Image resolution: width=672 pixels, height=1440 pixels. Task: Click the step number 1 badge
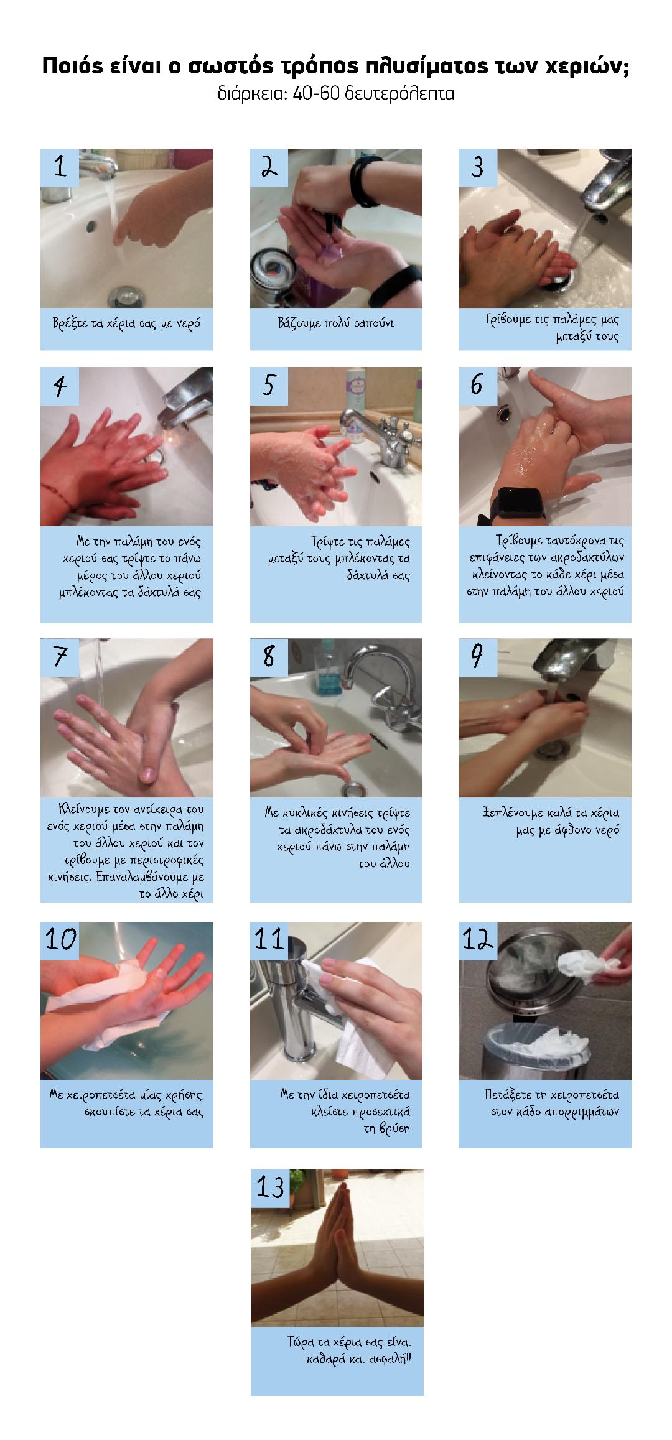pyautogui.click(x=60, y=167)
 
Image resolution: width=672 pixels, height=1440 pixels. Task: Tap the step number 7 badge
pyautogui.click(x=60, y=657)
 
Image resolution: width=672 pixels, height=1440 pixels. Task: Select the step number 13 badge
pyautogui.click(x=270, y=1187)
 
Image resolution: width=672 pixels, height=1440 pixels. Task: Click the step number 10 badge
pyautogui.click(x=61, y=940)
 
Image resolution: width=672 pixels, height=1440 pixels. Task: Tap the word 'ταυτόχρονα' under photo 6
pyautogui.click(x=557, y=541)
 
